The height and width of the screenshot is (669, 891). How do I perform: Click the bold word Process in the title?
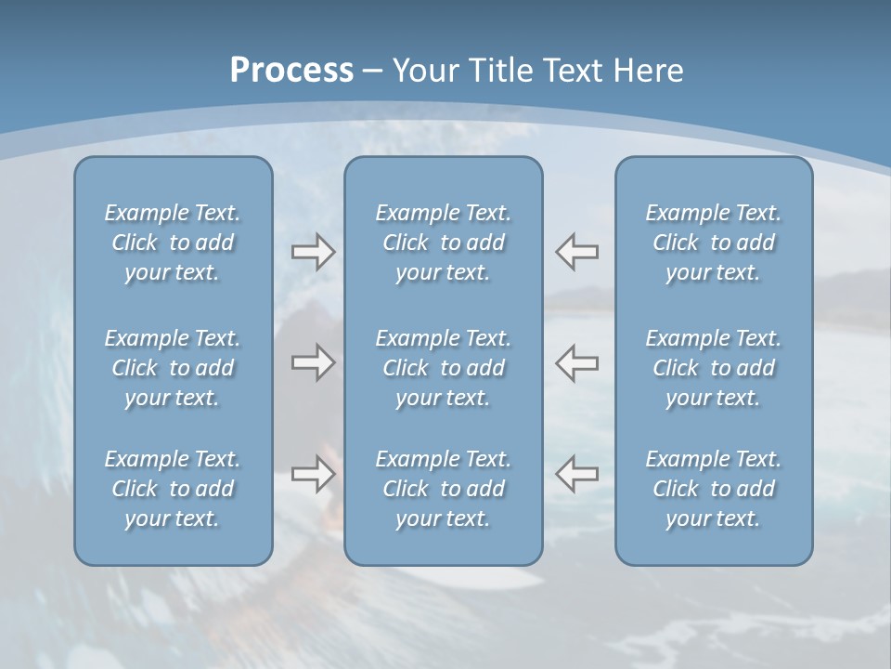(x=291, y=71)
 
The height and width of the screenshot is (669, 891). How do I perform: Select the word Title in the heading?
(x=507, y=71)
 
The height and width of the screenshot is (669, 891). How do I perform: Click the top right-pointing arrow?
(x=314, y=252)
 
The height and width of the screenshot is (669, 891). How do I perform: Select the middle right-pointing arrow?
(x=314, y=362)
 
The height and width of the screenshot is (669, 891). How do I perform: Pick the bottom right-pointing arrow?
(x=314, y=474)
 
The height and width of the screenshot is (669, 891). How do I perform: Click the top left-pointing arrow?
(x=576, y=251)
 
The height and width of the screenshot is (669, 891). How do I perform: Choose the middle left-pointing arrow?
(x=576, y=362)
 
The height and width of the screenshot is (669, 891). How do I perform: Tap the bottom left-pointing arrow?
(x=576, y=474)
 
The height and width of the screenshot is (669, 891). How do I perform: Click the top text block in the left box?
(x=173, y=243)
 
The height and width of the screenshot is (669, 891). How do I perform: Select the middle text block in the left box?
(x=173, y=368)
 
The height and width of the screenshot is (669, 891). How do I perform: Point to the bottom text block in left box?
(x=173, y=489)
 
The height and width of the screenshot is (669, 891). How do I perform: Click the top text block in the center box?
(x=444, y=243)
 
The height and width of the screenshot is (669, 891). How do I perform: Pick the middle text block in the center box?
(x=444, y=368)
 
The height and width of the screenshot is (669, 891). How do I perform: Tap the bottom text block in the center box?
(x=444, y=489)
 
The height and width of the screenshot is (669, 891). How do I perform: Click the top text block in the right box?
(x=714, y=243)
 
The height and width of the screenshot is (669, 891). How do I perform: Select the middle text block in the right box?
(x=714, y=368)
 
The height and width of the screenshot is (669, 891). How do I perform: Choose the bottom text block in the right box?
(x=714, y=489)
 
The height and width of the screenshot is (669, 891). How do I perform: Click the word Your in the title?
(x=424, y=71)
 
